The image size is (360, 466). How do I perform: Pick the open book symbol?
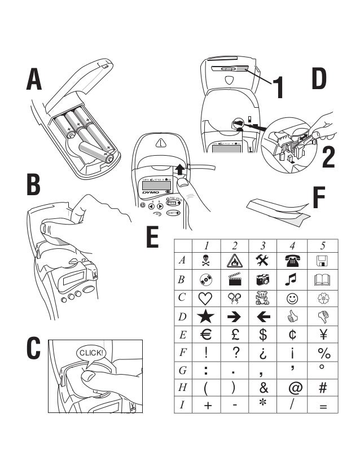click(x=324, y=279)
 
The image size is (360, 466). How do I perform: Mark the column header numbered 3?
click(x=263, y=245)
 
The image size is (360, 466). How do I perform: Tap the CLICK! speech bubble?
click(x=91, y=353)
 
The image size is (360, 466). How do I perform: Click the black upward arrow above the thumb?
click(x=179, y=168)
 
